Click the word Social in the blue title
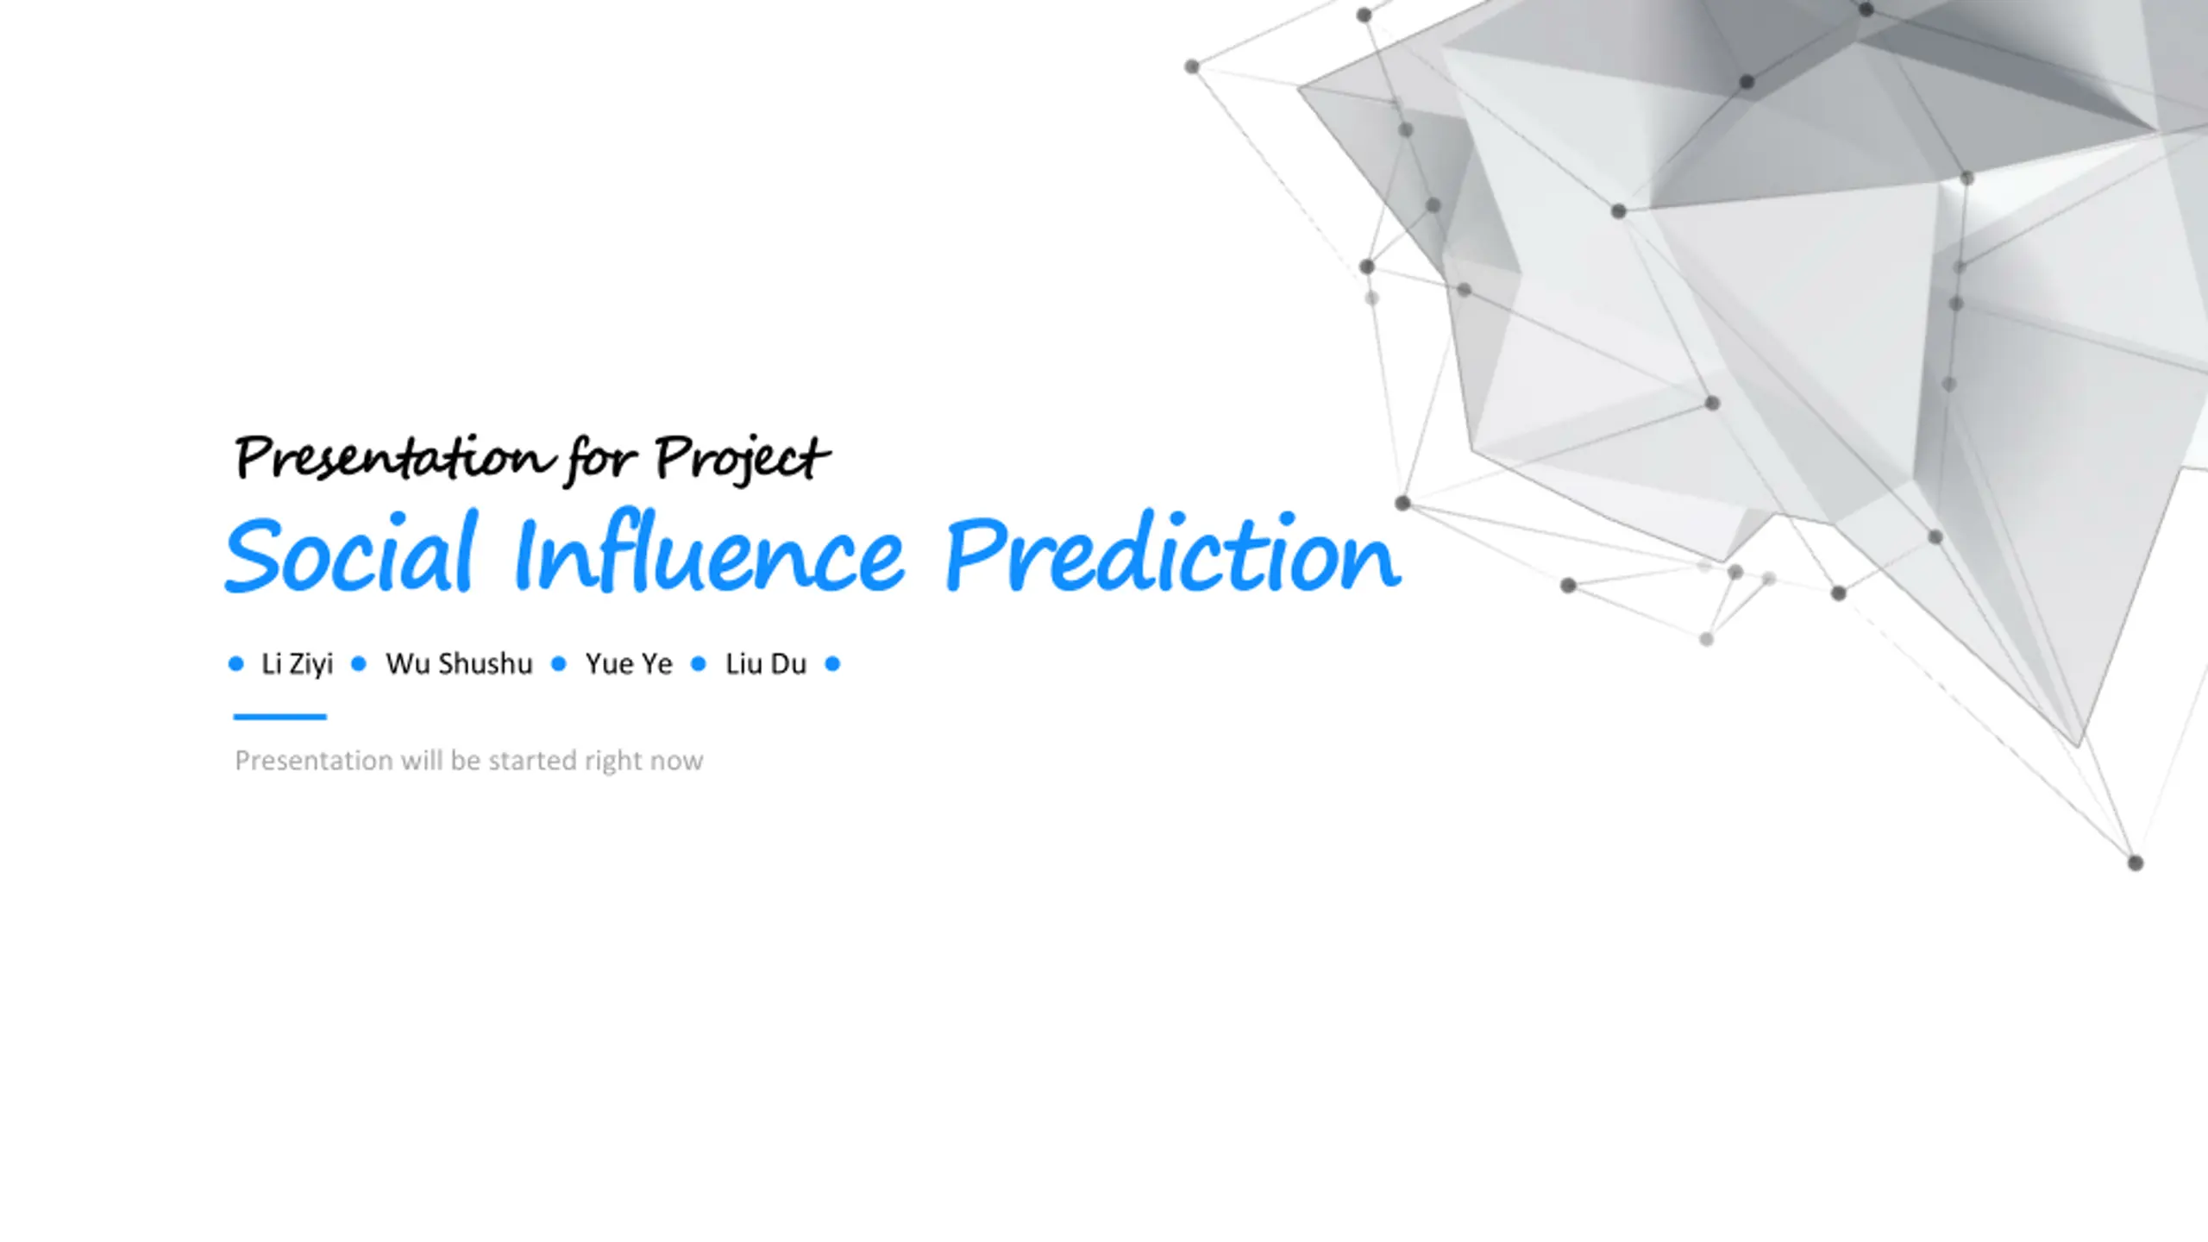(x=350, y=552)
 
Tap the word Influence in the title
(x=709, y=552)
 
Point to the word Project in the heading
(x=742, y=459)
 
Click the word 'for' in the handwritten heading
(x=603, y=459)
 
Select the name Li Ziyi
(x=297, y=664)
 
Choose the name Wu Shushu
(x=459, y=663)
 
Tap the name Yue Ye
(x=629, y=663)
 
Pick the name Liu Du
(x=766, y=663)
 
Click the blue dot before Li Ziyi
(x=236, y=663)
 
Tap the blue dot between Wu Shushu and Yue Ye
(x=559, y=663)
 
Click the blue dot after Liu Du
(x=832, y=663)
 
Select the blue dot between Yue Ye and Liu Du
(x=699, y=663)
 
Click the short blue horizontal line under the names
(x=280, y=717)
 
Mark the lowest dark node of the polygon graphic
(x=2136, y=863)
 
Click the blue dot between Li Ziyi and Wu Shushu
(x=359, y=663)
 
